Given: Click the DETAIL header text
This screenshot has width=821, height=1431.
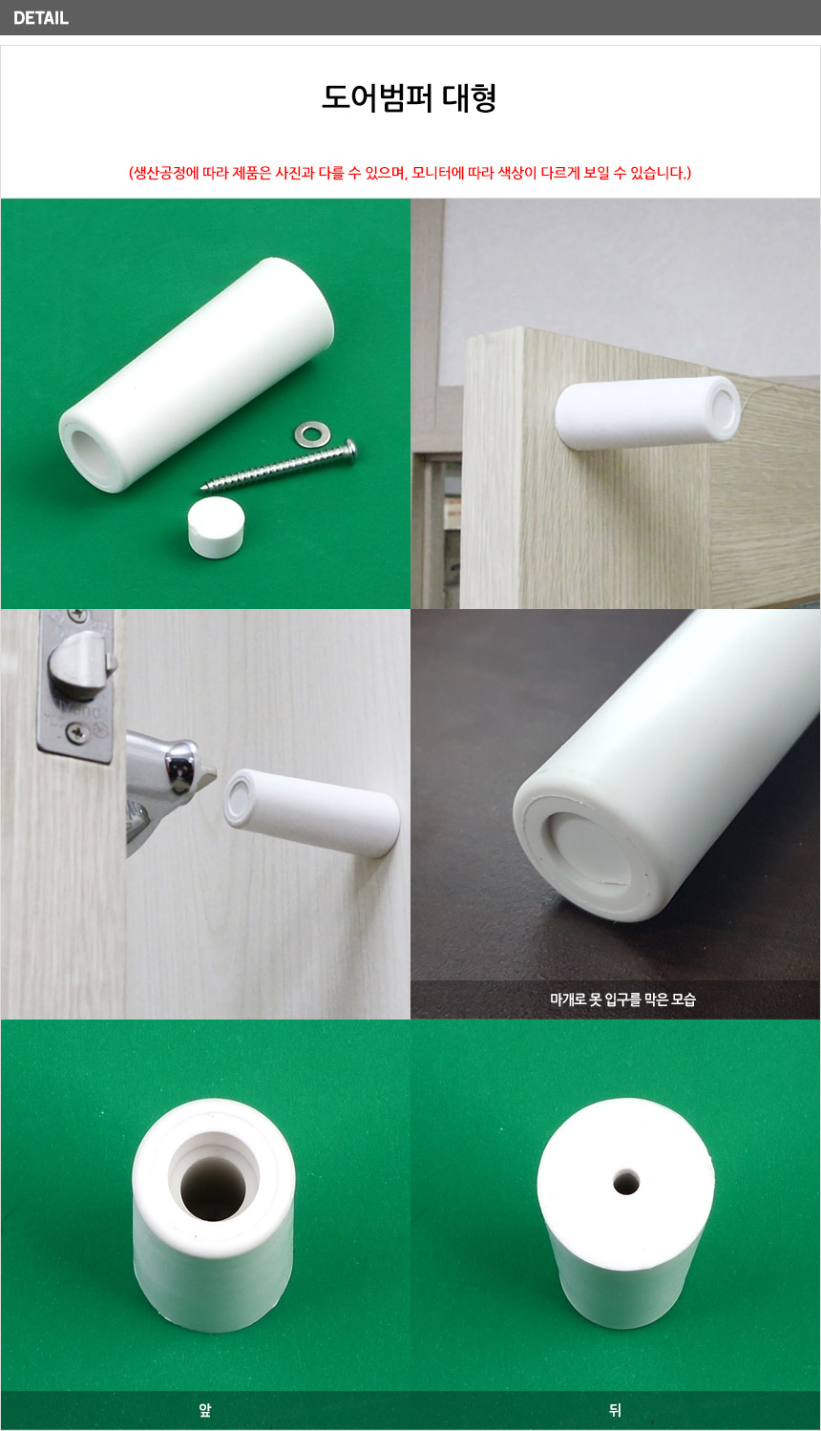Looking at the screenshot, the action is pos(41,18).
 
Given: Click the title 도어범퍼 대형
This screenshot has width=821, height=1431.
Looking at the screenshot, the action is pos(410,98).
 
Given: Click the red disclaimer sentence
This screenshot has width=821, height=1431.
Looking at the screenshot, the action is pos(410,173).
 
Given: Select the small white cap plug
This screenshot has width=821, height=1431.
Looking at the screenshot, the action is pos(217,528).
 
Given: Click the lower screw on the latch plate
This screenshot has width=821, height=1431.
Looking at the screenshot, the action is pos(77,733).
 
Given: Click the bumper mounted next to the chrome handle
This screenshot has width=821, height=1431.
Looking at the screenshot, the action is pos(311,812).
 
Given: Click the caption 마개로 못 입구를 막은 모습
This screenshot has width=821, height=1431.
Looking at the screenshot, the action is pos(623,1000).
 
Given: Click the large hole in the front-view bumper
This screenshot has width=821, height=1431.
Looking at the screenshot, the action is pos(214,1189).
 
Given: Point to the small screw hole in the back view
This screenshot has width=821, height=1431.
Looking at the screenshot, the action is pos(626,1183).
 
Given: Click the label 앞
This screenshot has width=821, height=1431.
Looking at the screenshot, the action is pos(205,1410).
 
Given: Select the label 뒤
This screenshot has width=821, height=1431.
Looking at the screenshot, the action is pos(615,1410).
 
